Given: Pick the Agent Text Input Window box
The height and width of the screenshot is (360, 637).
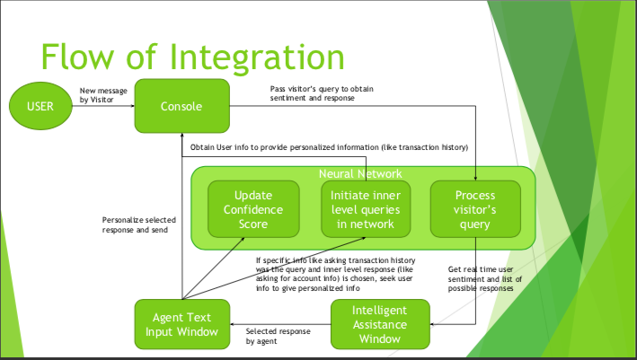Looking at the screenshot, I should click(181, 324).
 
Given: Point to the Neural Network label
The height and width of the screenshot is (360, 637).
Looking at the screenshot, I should click(360, 173).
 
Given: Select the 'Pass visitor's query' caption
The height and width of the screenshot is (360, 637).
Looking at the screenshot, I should click(323, 92).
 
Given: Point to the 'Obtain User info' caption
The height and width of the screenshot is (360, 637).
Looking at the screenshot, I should click(328, 146).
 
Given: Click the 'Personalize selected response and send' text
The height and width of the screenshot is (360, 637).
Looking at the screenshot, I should click(139, 224).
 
